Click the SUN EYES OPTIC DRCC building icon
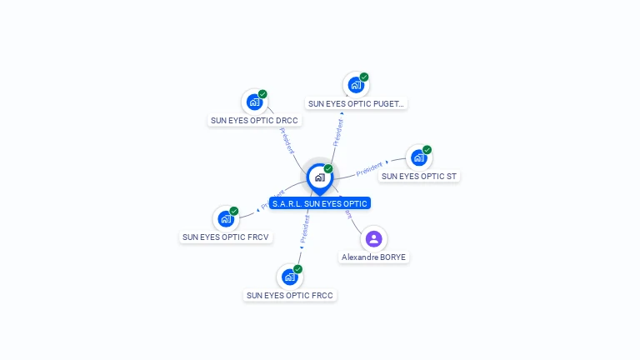(x=253, y=102)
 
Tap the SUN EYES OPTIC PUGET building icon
(x=356, y=84)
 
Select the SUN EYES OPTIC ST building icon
(x=418, y=157)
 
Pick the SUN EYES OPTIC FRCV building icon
(x=225, y=219)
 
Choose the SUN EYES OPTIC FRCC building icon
(x=289, y=277)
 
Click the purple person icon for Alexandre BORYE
(x=373, y=239)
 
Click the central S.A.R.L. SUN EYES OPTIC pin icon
(x=319, y=177)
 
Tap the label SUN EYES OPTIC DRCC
(x=254, y=121)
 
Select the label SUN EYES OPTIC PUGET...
(x=356, y=104)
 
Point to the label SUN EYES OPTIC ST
(x=419, y=177)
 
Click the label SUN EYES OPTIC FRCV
(x=226, y=237)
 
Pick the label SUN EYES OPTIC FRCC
(x=291, y=296)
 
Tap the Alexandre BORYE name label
(x=373, y=257)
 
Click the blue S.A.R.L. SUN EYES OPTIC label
(x=319, y=203)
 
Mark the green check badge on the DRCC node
(x=262, y=94)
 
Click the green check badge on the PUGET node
(x=364, y=77)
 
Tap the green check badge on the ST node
(x=427, y=150)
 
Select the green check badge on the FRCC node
(x=297, y=269)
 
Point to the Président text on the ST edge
(x=368, y=170)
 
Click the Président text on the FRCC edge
(x=304, y=227)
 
